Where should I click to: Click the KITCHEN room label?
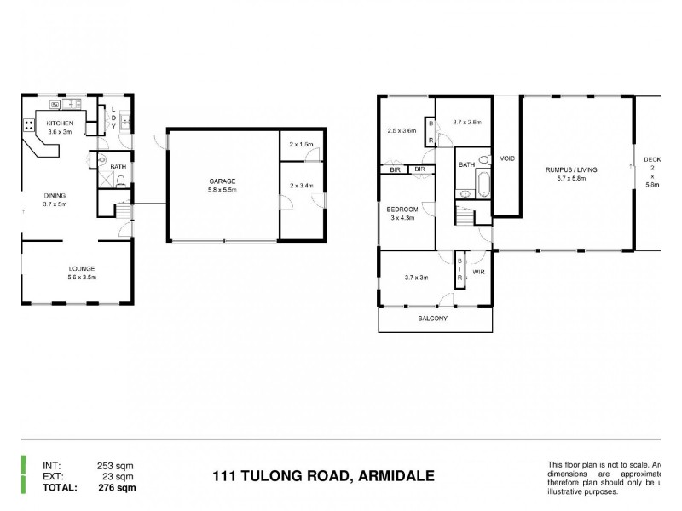[x=59, y=123]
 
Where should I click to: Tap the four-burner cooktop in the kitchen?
[x=29, y=125]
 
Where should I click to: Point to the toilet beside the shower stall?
[x=120, y=180]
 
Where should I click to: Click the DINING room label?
[x=55, y=195]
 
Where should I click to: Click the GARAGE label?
[x=223, y=181]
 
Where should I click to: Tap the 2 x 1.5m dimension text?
[x=301, y=145]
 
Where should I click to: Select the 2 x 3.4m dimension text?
[x=301, y=185]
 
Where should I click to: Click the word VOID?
[x=507, y=158]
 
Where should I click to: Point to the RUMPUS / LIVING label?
[x=571, y=170]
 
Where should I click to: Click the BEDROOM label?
[x=402, y=209]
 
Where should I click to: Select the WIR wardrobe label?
[x=478, y=273]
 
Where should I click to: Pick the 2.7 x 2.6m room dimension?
[x=467, y=122]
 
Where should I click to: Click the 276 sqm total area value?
[x=117, y=488]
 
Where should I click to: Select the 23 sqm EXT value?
[x=119, y=477]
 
